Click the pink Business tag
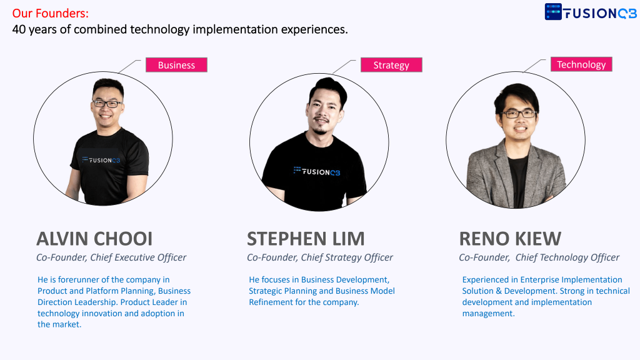[x=176, y=65]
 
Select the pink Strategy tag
[x=391, y=65]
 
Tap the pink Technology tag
[x=581, y=64]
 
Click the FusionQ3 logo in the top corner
[x=590, y=12]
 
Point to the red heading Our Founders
[x=50, y=14]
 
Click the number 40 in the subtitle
[x=19, y=29]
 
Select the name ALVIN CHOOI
[x=94, y=239]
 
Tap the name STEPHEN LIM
[x=306, y=239]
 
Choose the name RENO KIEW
[x=510, y=239]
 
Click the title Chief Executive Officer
[x=138, y=257]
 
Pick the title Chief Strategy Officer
[x=347, y=257]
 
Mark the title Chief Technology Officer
[x=567, y=257]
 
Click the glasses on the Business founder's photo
[x=107, y=104]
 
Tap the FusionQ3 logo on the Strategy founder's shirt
[x=317, y=171]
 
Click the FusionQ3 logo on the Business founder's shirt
[x=101, y=160]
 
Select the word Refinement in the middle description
[x=269, y=302]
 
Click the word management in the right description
[x=488, y=314]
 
